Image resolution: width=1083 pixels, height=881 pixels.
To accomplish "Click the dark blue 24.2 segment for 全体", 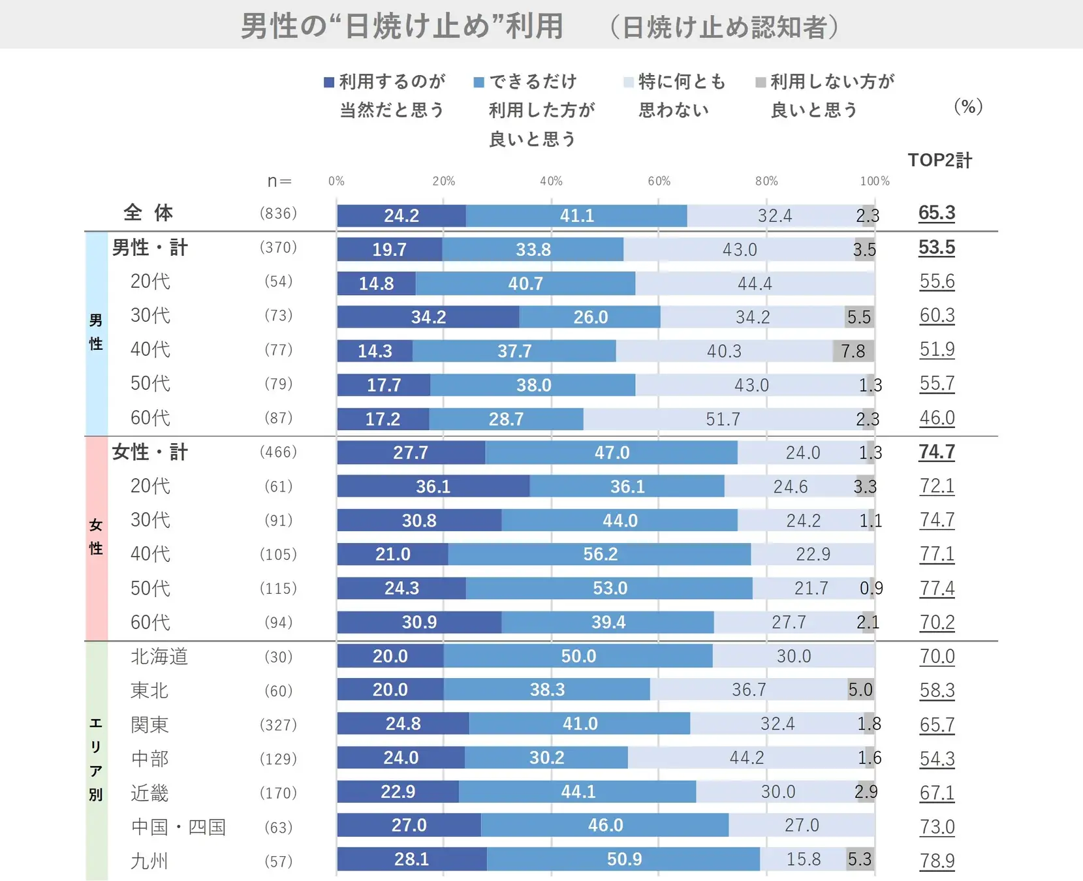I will coord(401,216).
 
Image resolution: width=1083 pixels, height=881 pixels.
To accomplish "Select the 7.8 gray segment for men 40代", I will coord(853,351).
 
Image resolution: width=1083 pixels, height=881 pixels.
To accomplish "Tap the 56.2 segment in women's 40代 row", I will coord(599,554).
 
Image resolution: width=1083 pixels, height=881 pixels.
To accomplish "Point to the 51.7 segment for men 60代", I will coord(723,419).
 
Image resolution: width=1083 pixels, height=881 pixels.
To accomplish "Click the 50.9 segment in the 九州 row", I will coord(623,859).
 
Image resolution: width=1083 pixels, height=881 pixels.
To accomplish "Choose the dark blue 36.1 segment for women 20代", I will coord(433,486).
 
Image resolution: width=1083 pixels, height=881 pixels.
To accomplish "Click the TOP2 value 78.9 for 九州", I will coord(937,861).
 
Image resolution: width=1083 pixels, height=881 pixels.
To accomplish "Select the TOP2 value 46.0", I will coord(937,418).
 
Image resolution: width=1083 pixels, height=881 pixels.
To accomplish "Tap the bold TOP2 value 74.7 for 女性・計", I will coord(937,452).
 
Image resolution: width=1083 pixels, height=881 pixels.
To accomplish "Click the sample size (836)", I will coord(278,213).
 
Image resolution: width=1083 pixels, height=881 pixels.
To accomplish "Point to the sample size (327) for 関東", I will coord(278,725).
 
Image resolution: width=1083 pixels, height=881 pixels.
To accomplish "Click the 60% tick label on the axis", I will coord(659,181).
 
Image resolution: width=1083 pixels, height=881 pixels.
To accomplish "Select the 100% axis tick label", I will coord(874,181).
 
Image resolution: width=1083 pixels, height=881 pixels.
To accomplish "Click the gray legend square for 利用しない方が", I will coord(761,82).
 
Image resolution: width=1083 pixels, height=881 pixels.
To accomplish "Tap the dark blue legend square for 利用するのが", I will coord(329,82).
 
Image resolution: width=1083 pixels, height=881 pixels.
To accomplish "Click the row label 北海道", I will coord(159,657).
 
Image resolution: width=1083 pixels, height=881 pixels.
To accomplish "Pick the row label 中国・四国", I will coord(178,827).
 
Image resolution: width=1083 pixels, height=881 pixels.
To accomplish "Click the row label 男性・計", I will coord(149,248).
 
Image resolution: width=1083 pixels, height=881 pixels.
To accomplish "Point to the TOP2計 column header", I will coord(939,161).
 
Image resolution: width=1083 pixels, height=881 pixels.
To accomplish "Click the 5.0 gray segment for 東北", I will coord(860,690).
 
